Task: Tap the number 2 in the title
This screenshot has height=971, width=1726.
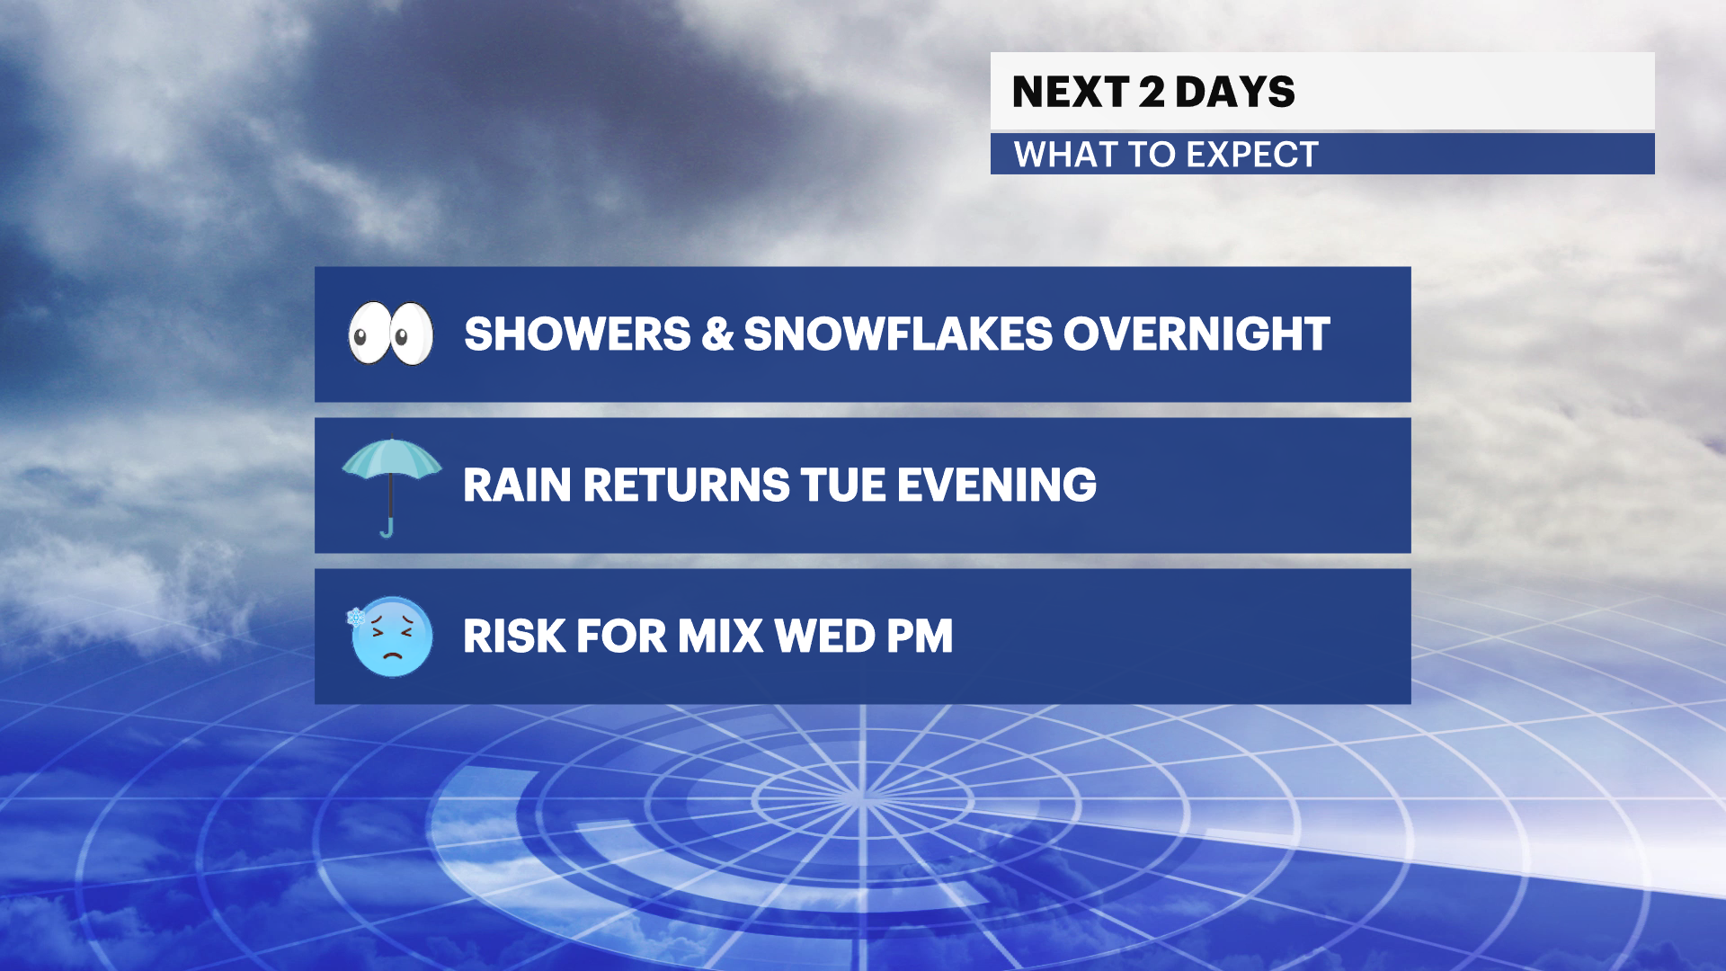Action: click(1152, 92)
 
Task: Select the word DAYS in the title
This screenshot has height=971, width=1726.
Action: click(1235, 92)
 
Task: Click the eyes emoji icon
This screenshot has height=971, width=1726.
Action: click(391, 334)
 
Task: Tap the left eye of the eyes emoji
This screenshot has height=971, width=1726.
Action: click(369, 334)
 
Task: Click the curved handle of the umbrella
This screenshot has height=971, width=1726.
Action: click(387, 529)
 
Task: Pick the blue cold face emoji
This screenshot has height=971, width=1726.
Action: click(392, 637)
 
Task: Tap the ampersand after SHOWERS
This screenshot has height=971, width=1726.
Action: click(717, 334)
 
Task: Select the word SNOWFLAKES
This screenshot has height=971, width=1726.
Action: click(897, 334)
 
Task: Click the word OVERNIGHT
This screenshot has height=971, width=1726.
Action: click(1197, 334)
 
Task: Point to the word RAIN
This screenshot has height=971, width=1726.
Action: click(517, 485)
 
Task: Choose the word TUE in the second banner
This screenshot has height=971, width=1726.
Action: click(841, 485)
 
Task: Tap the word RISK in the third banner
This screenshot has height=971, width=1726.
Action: click(512, 637)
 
